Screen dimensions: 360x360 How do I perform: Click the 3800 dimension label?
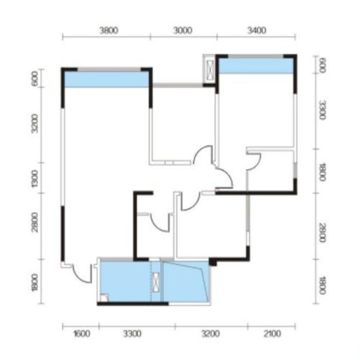[109, 31]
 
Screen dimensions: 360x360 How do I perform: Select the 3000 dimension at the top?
[182, 31]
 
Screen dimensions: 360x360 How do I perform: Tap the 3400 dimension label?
[257, 31]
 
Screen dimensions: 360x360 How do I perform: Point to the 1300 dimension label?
[35, 179]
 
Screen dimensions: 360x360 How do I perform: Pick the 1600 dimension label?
[82, 334]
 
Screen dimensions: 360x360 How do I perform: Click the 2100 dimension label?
[272, 334]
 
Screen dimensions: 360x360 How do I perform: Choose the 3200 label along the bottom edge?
[211, 334]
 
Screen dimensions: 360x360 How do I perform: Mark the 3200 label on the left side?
[35, 124]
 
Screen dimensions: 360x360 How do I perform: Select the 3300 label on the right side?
[322, 110]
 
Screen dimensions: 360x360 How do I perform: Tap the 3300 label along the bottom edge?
[132, 334]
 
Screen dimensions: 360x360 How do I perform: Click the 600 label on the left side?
[35, 78]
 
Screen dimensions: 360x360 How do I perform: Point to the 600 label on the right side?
[322, 65]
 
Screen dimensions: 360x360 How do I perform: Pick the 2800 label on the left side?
[35, 223]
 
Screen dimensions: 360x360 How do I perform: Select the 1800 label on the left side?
[35, 283]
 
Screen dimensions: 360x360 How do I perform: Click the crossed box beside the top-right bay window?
[210, 70]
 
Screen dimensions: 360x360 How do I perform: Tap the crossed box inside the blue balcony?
[156, 282]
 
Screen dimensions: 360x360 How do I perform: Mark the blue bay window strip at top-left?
[107, 79]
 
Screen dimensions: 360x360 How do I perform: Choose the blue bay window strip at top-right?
[256, 66]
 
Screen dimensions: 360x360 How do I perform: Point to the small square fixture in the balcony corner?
[104, 298]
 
